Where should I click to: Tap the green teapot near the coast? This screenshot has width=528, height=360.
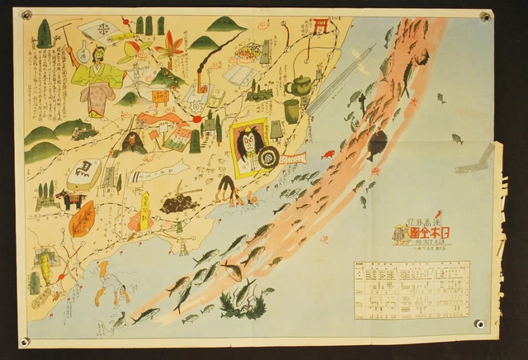coord(299,84)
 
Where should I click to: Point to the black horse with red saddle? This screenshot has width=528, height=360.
coord(67,199)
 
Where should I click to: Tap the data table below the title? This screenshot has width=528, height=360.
coord(411,288)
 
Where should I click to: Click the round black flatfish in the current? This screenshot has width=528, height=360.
coord(376,146)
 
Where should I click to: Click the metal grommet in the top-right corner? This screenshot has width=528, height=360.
coord(485,16)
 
